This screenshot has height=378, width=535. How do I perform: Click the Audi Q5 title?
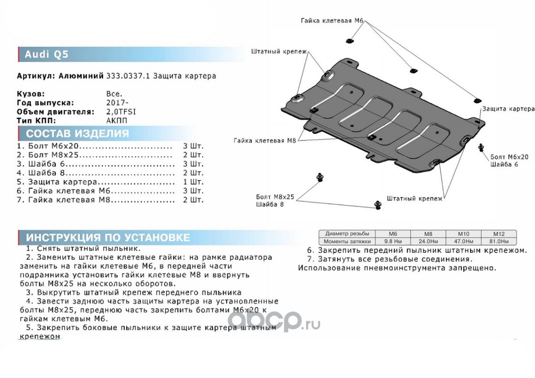click(x=46, y=54)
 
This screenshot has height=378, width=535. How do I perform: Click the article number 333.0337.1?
click(x=126, y=76)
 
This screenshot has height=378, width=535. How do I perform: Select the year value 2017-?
click(x=117, y=103)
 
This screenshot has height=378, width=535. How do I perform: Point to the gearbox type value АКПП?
click(x=117, y=120)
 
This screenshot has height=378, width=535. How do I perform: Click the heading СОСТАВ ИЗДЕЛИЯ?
click(x=77, y=133)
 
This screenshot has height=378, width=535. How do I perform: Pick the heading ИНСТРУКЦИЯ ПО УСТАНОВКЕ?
click(x=108, y=237)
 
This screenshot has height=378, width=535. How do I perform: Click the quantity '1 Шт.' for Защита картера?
click(x=193, y=182)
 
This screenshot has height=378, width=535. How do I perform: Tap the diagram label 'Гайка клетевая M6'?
click(x=333, y=20)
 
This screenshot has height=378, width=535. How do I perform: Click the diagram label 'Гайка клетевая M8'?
click(x=264, y=140)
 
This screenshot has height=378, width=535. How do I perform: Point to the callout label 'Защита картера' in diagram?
click(x=508, y=109)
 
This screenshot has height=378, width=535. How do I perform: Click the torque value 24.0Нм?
click(x=428, y=241)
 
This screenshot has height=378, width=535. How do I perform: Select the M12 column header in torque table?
click(x=499, y=233)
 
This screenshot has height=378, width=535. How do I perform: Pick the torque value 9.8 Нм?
click(x=393, y=241)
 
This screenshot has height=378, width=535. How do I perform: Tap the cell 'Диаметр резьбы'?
click(x=347, y=233)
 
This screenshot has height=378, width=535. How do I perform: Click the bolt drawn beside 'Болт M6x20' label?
click(x=482, y=147)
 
